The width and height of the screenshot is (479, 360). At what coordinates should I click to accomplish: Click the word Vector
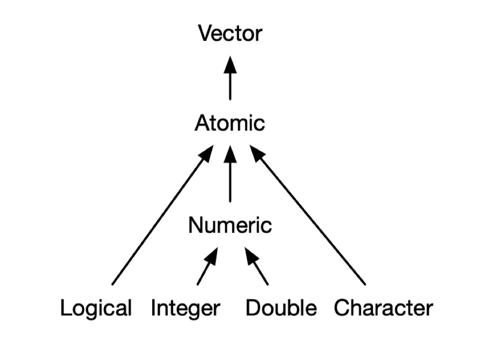point(230,34)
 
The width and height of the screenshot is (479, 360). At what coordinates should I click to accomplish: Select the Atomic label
point(229,124)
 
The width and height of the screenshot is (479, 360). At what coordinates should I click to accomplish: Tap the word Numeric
point(230,225)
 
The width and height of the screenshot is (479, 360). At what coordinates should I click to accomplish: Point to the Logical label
point(96,308)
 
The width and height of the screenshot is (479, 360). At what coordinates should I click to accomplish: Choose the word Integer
point(186,308)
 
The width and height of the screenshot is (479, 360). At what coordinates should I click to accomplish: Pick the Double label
point(281,308)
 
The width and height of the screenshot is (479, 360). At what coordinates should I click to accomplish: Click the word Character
point(383,308)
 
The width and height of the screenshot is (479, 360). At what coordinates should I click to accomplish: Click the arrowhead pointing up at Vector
point(230,64)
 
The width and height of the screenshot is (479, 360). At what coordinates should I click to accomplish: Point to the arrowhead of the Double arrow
point(251,255)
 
